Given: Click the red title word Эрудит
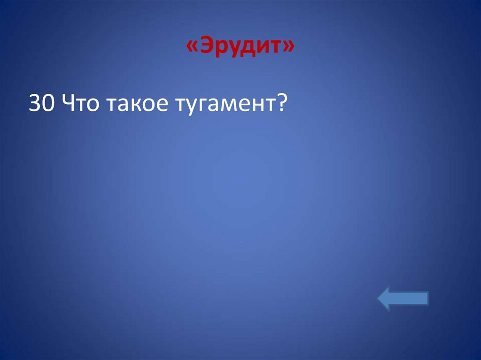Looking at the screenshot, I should pos(241,47).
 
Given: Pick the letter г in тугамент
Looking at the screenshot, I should pos(200,105).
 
